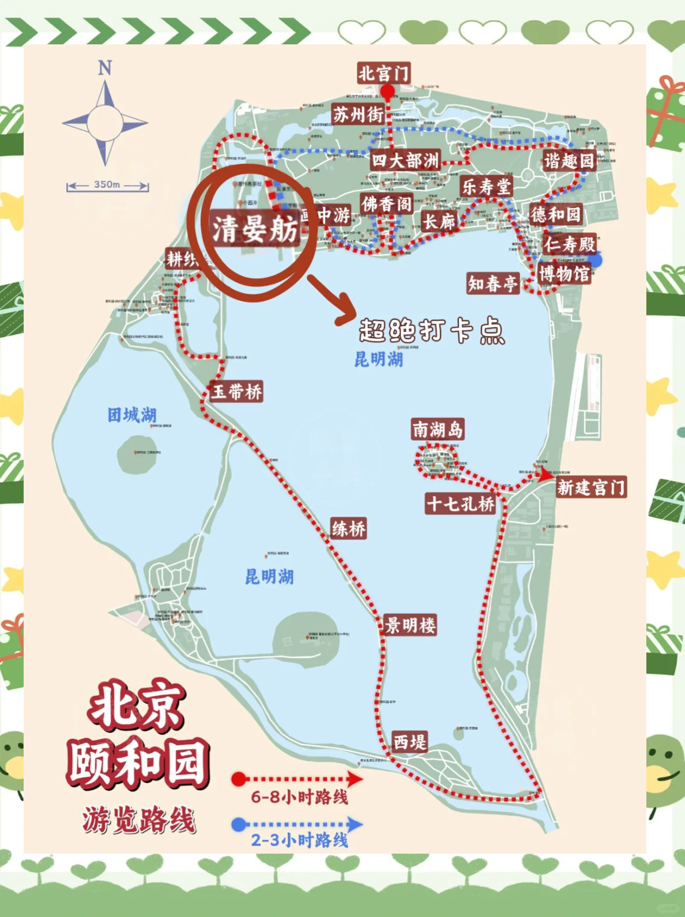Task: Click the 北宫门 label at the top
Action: [383, 73]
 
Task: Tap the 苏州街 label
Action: [358, 115]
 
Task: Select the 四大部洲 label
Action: [405, 160]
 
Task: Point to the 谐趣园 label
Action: [569, 161]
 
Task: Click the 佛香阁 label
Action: [387, 204]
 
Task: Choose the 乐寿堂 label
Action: [487, 187]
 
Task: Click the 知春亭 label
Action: [493, 283]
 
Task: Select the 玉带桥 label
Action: [236, 392]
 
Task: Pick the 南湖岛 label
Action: [438, 429]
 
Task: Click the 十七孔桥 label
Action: [461, 504]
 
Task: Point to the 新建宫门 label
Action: [591, 487]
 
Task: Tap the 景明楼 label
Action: [411, 625]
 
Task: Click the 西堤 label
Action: [410, 741]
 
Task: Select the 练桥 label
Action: [348, 528]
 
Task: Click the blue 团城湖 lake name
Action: [132, 415]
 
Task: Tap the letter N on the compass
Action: [104, 68]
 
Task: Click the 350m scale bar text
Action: [107, 185]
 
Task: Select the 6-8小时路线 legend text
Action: [299, 797]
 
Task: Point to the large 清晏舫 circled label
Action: [254, 230]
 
